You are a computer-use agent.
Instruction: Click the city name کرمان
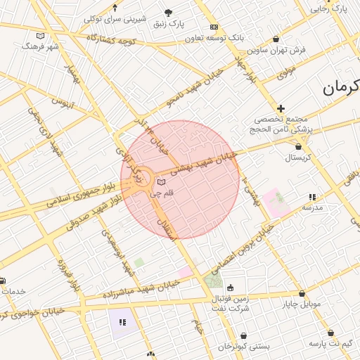[342, 88]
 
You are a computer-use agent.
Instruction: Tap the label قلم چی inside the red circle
[162, 192]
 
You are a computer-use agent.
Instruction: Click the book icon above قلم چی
[162, 181]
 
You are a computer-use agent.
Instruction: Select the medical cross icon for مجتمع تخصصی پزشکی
[281, 108]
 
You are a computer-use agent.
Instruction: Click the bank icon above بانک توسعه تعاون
[214, 27]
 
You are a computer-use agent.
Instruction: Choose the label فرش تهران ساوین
[289, 50]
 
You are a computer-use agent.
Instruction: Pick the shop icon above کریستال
[300, 147]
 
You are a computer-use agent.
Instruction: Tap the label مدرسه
[312, 208]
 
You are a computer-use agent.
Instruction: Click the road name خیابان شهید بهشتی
[212, 161]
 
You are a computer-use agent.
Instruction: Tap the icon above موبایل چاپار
[302, 293]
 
